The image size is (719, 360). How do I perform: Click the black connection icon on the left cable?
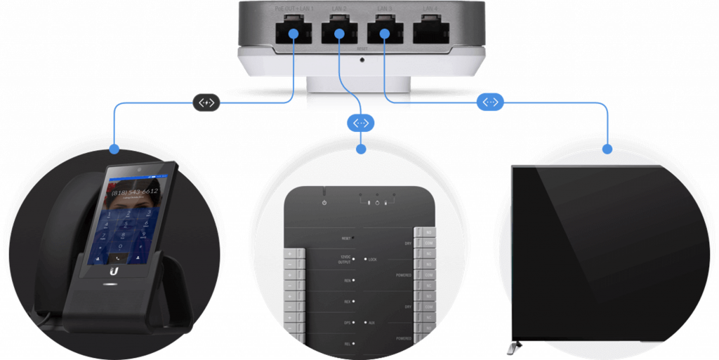206,102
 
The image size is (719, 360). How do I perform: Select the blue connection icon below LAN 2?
360,123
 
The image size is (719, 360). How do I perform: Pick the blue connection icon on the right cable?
490,102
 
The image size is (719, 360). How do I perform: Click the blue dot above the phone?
114,149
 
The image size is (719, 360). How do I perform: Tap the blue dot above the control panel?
361,149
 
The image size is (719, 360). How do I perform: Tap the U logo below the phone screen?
114,269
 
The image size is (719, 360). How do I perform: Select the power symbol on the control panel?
324,203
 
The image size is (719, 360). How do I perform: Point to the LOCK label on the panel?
373,260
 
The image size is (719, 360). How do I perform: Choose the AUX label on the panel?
373,323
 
